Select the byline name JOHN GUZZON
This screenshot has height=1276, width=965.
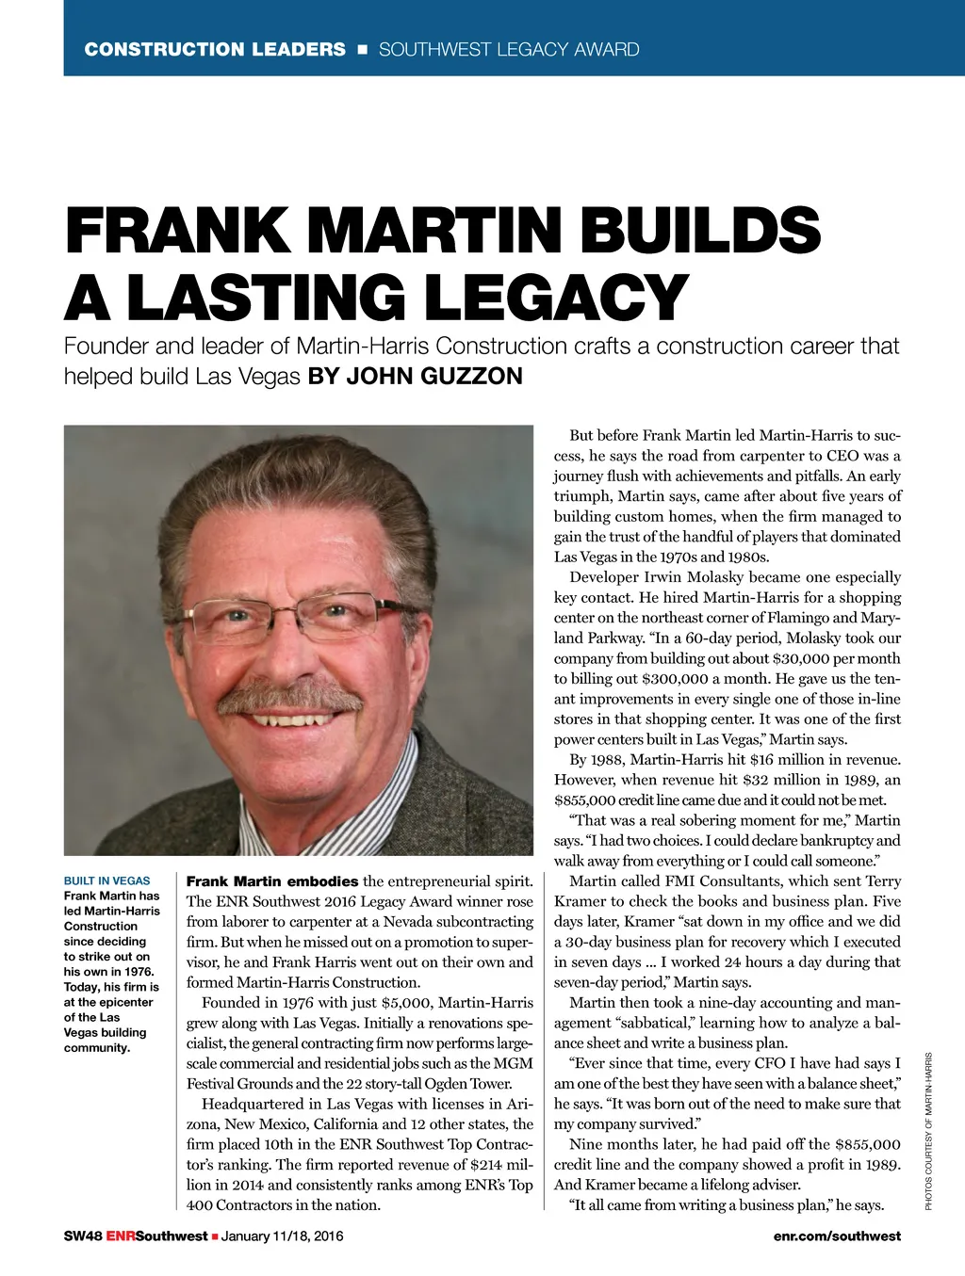tap(433, 377)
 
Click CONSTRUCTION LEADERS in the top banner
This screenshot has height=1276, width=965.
tap(215, 49)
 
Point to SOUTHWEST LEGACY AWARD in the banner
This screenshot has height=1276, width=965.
tap(509, 49)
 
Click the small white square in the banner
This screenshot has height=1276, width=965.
tap(362, 49)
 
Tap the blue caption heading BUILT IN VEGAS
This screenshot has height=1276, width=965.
tap(106, 880)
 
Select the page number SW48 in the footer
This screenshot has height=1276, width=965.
tap(82, 1236)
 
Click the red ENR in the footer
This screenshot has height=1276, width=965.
tap(121, 1236)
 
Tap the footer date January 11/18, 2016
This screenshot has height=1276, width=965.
tap(282, 1236)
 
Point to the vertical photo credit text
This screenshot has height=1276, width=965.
tap(928, 1130)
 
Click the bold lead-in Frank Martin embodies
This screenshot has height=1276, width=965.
tap(271, 881)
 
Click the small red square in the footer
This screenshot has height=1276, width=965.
tap(215, 1236)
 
